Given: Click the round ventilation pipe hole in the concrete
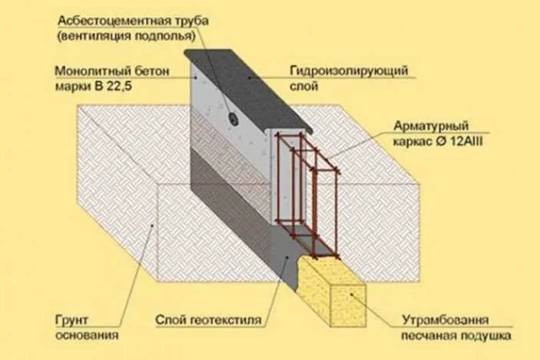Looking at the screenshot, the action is click(x=234, y=119).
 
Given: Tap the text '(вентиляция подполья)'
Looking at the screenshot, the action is click(x=127, y=36).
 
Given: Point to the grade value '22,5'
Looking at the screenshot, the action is click(x=119, y=86).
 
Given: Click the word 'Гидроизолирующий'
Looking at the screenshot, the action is click(x=349, y=71).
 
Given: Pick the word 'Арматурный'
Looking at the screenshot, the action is click(x=431, y=126).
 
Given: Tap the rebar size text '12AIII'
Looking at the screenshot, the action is click(x=466, y=141).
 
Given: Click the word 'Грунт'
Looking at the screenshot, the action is click(x=71, y=320).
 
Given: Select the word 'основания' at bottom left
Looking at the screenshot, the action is click(x=87, y=335).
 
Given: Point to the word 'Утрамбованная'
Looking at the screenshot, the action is click(x=445, y=320).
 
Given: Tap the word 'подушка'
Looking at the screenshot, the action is click(x=485, y=335).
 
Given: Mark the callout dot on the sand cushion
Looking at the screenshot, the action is click(x=351, y=294).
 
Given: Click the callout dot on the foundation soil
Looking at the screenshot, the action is click(x=153, y=226).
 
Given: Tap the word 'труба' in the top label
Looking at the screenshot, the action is click(x=191, y=21).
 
